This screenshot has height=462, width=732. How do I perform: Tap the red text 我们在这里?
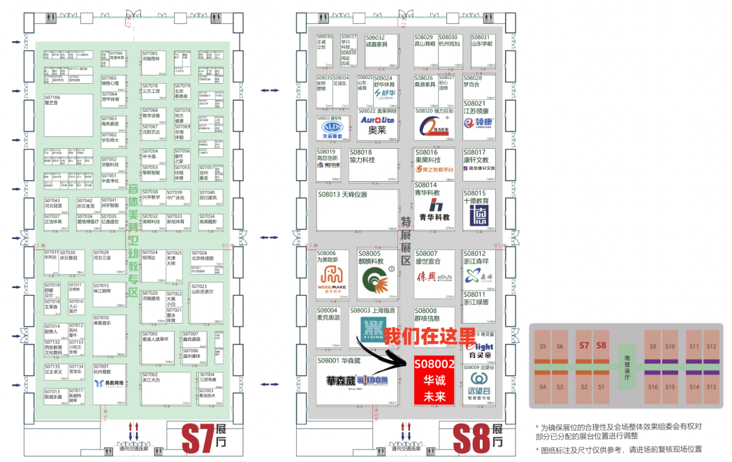(430, 336)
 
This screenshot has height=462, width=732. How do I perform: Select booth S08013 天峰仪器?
(356, 210)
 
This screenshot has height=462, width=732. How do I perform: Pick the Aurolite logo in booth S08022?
(377, 120)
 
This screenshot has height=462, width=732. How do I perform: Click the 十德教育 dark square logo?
(478, 215)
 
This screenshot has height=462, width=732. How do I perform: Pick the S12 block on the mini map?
(711, 347)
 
